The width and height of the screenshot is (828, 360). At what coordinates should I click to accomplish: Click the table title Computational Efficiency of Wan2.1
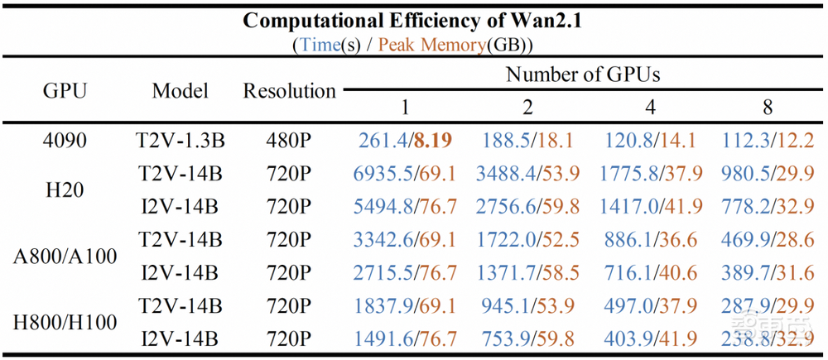[x=413, y=21]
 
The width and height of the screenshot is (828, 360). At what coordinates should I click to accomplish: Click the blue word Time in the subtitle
[x=320, y=45]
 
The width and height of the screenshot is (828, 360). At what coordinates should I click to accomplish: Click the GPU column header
[x=65, y=90]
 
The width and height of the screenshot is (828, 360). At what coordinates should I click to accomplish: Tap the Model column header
[x=180, y=90]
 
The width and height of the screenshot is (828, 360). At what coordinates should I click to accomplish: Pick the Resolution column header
[x=289, y=90]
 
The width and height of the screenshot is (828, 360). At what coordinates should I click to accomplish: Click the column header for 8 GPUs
[x=768, y=108]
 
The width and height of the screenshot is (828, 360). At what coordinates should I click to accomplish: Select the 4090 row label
[x=65, y=141]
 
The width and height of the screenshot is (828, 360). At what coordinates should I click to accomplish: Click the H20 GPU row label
[x=65, y=190]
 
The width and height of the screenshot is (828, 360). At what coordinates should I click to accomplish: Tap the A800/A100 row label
[x=65, y=256]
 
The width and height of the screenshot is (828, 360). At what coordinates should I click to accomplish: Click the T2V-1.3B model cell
[x=180, y=141]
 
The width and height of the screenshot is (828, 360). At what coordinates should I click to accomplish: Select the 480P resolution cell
[x=289, y=141]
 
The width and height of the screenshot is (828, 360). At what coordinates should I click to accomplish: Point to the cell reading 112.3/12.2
[x=768, y=141]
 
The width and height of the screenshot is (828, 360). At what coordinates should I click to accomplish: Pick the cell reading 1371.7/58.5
[x=527, y=272]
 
